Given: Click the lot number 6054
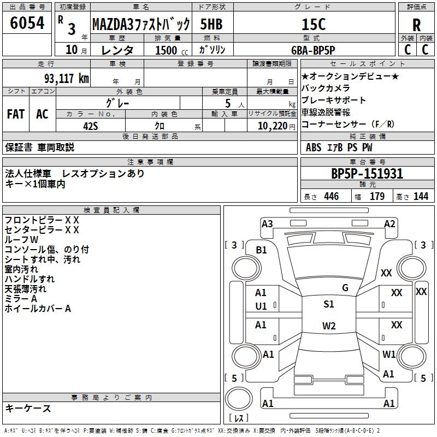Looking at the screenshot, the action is pos(27,23).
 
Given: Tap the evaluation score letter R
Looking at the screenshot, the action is pos(416,25).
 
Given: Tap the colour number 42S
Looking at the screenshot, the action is pos(90,125).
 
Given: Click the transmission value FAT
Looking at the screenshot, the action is pos(15,114).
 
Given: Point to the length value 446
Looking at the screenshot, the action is pos(331,197).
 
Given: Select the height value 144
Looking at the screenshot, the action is pos(421,197).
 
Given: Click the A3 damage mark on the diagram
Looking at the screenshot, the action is pos(267,224).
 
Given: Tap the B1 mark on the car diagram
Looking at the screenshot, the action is pos(262,250).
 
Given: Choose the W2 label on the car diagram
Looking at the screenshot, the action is pos(329,326).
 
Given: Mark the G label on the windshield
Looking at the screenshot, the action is pos(345,288).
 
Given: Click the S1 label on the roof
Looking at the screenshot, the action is pos(329,304).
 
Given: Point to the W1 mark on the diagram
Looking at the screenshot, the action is pos(389,355).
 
